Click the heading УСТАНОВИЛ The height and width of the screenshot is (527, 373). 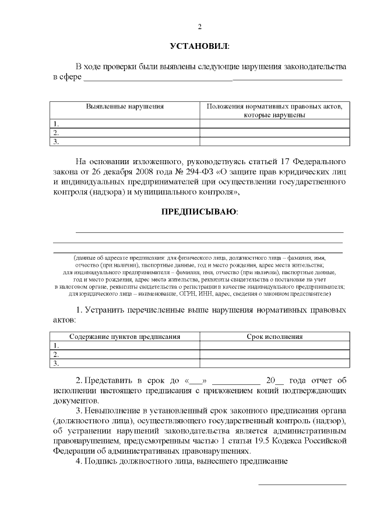tap(199, 45)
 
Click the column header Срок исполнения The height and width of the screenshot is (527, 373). tap(274, 337)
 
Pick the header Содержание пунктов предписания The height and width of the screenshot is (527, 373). tap(125, 337)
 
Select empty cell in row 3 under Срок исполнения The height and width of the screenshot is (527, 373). tap(274, 363)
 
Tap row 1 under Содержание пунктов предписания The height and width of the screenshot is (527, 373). tap(125, 345)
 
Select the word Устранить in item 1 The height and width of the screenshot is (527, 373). tap(108, 310)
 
